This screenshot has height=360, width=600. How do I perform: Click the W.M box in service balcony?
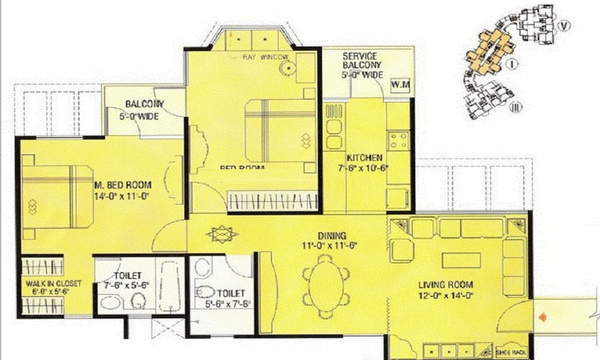[x=400, y=85]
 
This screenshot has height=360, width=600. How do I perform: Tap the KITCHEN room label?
[x=361, y=158]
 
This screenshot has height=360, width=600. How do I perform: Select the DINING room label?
[x=333, y=236]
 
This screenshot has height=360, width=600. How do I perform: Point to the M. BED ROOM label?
[x=122, y=185]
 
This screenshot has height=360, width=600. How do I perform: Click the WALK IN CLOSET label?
[x=53, y=284]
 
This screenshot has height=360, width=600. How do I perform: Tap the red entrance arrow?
[x=543, y=316]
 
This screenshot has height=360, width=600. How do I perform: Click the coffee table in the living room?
[x=461, y=260]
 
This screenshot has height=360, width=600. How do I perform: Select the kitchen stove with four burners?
[x=398, y=142]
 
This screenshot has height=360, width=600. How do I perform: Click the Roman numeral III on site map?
[x=514, y=107]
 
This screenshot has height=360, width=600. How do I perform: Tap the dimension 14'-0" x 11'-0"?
[x=121, y=196]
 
